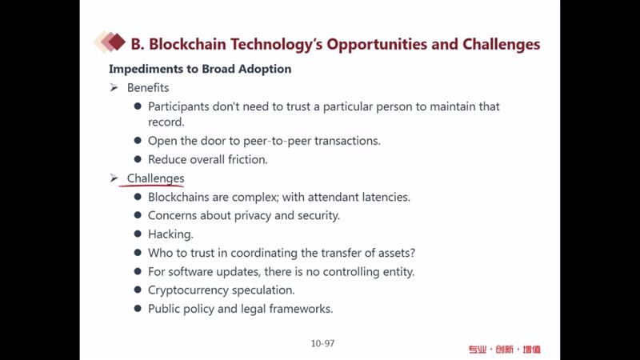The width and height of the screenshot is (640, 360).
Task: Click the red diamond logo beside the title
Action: pos(110,42)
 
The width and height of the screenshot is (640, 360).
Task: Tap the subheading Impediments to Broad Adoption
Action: pos(200,69)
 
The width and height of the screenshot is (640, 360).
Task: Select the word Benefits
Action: pos(148,88)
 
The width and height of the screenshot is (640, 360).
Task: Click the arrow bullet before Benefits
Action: pos(114,88)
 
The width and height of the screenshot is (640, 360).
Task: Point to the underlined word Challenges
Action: pos(155,178)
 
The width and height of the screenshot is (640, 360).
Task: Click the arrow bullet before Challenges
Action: pos(114,178)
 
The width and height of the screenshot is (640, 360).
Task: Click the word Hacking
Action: pos(170,234)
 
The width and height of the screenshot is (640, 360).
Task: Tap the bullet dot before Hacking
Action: pos(138,234)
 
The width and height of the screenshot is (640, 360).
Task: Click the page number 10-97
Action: pos(322,344)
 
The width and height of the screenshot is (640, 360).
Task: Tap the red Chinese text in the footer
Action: pos(505,350)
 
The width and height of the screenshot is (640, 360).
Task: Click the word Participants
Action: pos(178,107)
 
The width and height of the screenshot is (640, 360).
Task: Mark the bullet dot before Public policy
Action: pos(138,309)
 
